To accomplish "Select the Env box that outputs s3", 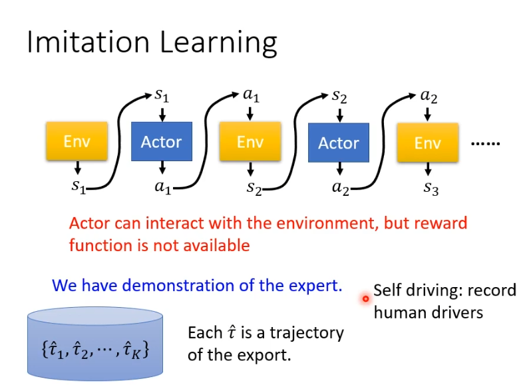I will [427, 143].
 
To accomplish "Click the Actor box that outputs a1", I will [161, 142].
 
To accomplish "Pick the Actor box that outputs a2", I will [338, 143].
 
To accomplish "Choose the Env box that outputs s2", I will [250, 142].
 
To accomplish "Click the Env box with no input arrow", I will [77, 141].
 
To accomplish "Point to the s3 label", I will [431, 189].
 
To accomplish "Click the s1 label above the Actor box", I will [162, 95].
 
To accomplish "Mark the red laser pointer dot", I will [365, 299].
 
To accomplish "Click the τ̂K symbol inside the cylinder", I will [139, 349].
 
